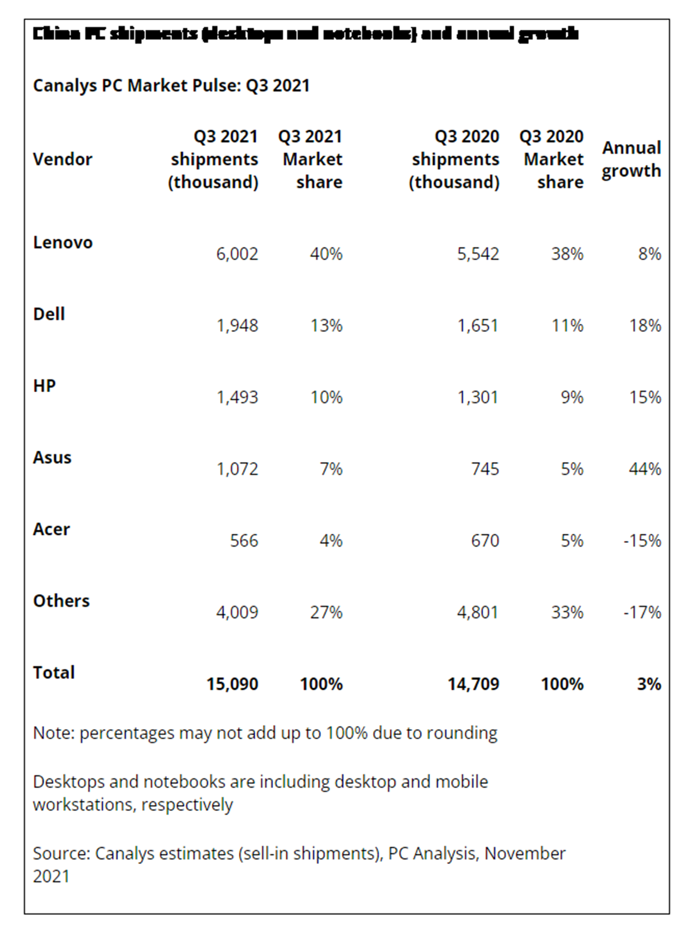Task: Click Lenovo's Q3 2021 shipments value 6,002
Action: click(x=237, y=254)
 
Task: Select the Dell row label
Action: click(x=49, y=314)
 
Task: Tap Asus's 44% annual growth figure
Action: click(x=645, y=469)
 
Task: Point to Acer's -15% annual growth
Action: click(x=642, y=541)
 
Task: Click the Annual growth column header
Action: click(x=631, y=159)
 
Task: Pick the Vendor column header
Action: click(x=62, y=159)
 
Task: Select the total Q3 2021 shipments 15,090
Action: click(x=232, y=684)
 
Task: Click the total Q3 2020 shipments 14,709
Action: click(x=473, y=684)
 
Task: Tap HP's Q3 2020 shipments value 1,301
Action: click(x=478, y=398)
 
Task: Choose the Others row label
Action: click(x=61, y=601)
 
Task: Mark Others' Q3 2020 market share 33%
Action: click(x=567, y=612)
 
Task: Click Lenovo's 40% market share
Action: click(x=326, y=254)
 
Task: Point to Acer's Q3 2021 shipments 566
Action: click(x=244, y=541)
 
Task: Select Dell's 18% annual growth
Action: click(x=645, y=326)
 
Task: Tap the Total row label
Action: click(x=54, y=673)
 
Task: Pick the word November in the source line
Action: click(x=525, y=854)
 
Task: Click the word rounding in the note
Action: click(x=462, y=733)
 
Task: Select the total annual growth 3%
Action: click(x=649, y=684)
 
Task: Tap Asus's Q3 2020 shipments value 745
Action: click(x=485, y=469)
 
